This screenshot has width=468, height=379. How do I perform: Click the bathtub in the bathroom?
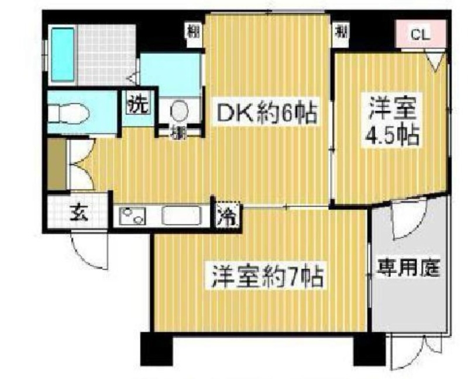tap(63, 54)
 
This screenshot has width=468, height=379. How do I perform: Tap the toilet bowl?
tap(69, 111)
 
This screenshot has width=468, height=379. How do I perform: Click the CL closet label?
tap(420, 35)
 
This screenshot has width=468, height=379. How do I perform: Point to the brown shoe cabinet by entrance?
tap(57, 164)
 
